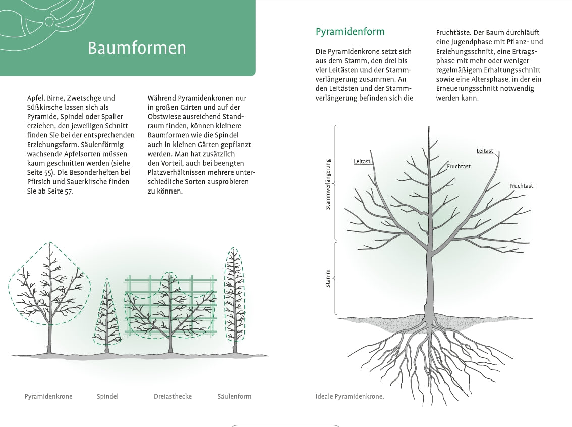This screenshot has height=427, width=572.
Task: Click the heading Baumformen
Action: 137,48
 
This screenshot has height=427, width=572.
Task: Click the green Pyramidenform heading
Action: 350,32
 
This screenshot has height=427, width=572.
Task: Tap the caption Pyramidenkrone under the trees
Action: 48,396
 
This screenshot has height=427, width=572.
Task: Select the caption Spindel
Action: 107,396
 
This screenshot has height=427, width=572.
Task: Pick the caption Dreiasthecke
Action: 173,396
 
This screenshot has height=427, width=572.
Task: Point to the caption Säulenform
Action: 234,396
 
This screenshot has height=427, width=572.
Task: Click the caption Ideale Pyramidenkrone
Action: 350,396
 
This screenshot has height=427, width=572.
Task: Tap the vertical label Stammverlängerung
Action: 328,184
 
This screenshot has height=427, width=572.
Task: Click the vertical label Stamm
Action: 328,279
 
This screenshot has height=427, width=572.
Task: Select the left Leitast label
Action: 362,162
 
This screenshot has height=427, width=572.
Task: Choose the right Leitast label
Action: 485,151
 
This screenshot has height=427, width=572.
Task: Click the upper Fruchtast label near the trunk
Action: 459,166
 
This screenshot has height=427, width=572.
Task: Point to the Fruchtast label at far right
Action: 521,186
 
